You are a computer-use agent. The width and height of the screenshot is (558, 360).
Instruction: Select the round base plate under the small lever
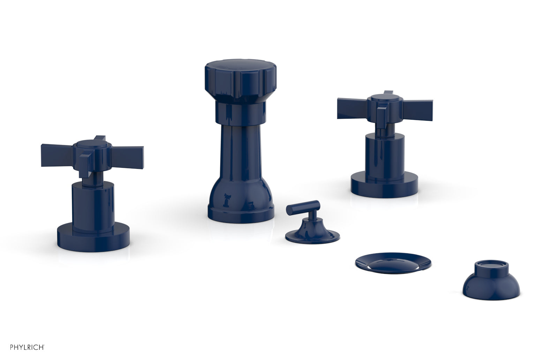(x=312, y=236)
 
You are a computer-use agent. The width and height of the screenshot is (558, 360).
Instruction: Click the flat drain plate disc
(x=393, y=262)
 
